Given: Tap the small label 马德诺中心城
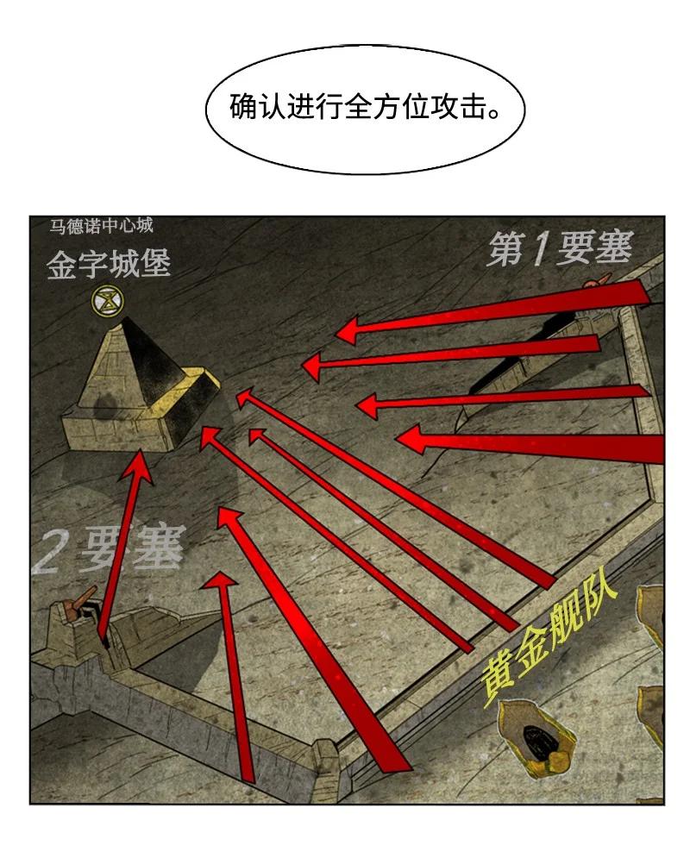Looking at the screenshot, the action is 102,226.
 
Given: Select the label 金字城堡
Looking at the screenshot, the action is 109,264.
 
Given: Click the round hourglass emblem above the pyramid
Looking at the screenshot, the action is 108,300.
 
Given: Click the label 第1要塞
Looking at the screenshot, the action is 560,249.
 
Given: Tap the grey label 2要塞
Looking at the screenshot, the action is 108,549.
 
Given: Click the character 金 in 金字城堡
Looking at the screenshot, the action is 61,265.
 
